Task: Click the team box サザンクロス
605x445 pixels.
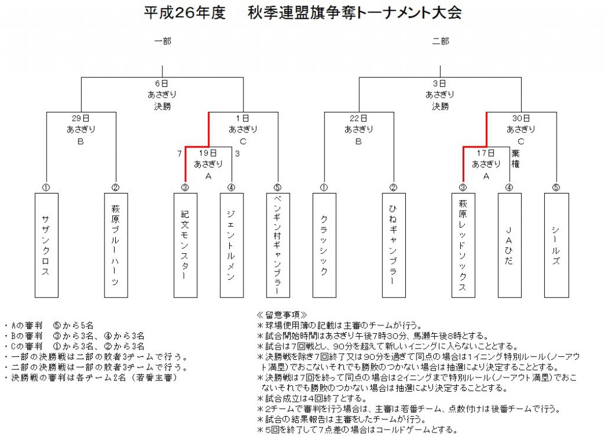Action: coord(46,246)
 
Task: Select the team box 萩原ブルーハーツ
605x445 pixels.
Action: coord(116,246)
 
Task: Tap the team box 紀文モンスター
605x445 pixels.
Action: coord(185,246)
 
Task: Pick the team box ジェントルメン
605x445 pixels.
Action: coord(232,246)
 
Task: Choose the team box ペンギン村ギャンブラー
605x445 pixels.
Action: coord(278,246)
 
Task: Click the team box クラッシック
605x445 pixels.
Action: coord(324,246)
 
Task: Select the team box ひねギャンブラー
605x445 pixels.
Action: coord(393,246)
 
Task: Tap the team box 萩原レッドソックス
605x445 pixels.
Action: coord(463,246)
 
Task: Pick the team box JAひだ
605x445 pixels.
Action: coord(509,246)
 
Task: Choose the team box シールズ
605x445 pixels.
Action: coord(556,246)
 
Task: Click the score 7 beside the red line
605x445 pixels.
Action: coord(180,154)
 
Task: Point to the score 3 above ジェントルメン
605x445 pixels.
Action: coord(238,154)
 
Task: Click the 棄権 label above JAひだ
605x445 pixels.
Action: coord(515,159)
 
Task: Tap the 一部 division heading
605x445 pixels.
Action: coord(162,41)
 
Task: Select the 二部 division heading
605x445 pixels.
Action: coord(441,41)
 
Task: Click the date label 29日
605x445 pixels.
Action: coord(80,118)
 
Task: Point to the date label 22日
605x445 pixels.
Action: coord(358,118)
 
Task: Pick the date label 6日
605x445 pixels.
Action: coord(162,83)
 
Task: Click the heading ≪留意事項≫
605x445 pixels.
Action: coord(282,315)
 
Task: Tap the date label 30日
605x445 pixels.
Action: coord(521,118)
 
